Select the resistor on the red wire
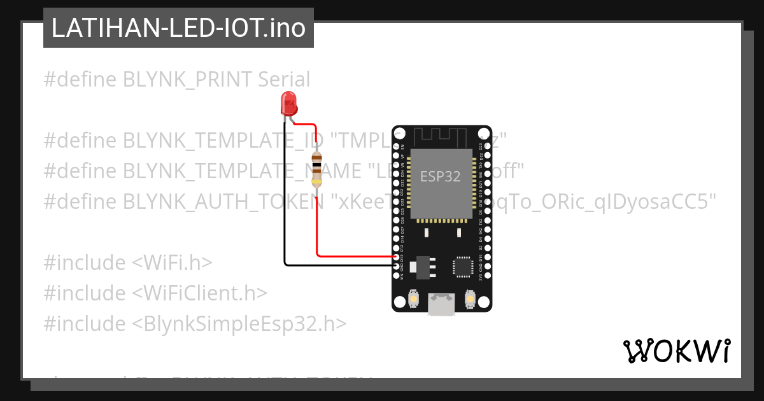(316, 169)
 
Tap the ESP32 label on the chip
(440, 176)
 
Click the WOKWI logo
(677, 351)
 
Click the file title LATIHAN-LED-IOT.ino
(178, 28)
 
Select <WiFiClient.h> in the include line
(199, 293)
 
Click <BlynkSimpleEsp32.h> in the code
(239, 324)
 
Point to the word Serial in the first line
(284, 80)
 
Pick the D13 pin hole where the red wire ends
(397, 257)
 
